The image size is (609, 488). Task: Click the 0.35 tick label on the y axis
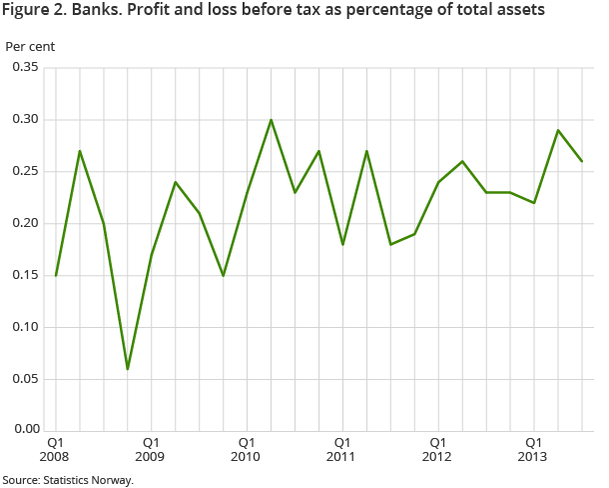[25, 67]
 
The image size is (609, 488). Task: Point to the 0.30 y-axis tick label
[25, 119]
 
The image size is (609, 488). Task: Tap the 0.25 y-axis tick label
[25, 171]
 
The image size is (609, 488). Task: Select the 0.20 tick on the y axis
[25, 223]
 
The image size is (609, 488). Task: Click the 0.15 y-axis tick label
[25, 275]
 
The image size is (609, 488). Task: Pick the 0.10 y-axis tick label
[25, 327]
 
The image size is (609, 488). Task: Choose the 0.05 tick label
[25, 379]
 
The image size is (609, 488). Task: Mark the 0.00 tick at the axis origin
[25, 430]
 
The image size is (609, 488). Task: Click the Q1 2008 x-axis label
[55, 448]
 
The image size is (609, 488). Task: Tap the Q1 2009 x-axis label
[151, 448]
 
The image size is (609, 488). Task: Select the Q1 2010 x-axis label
[247, 448]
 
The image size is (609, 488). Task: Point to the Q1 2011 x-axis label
[342, 448]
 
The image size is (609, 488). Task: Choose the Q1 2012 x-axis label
[438, 448]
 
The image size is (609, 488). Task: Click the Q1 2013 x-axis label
[534, 448]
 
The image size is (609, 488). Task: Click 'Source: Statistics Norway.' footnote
[67, 479]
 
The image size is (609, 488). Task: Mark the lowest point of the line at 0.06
[127, 369]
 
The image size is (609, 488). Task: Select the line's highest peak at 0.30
[271, 120]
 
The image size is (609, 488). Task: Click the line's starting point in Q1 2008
[55, 275]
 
